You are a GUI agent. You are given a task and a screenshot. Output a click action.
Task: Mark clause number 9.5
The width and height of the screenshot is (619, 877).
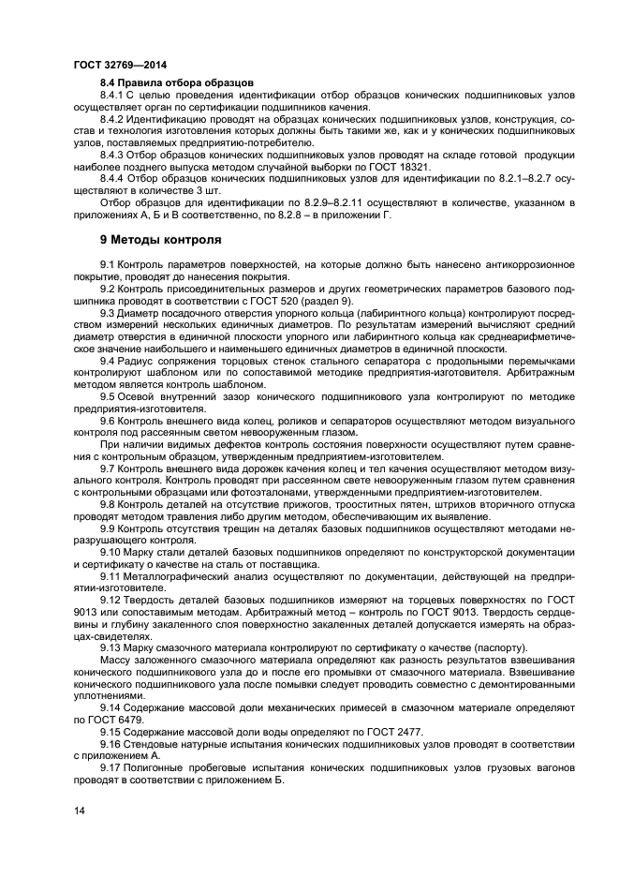tap(107, 397)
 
